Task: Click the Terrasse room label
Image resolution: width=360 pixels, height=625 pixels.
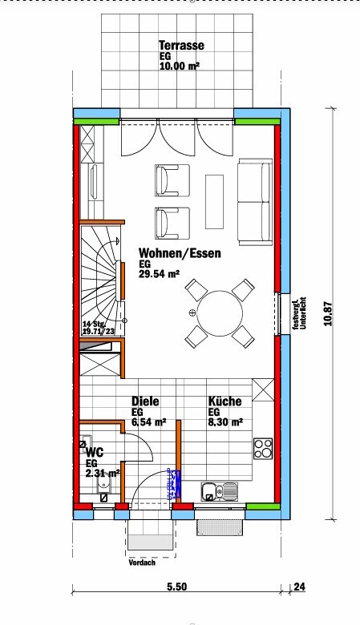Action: pyautogui.click(x=181, y=46)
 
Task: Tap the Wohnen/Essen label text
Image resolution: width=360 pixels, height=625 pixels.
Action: pyautogui.click(x=180, y=253)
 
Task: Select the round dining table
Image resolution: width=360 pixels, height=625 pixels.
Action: pyautogui.click(x=220, y=312)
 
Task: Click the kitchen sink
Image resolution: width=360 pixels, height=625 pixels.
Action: pyautogui.click(x=219, y=490)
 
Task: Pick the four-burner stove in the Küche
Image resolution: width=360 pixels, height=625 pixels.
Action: pyautogui.click(x=263, y=449)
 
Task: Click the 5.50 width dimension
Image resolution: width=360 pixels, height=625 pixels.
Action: pyautogui.click(x=176, y=587)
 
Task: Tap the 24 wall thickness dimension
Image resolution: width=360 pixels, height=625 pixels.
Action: pyautogui.click(x=299, y=587)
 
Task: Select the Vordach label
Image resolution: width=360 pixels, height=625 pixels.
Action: pyautogui.click(x=142, y=562)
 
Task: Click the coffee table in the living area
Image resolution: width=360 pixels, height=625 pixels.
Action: pyautogui.click(x=215, y=202)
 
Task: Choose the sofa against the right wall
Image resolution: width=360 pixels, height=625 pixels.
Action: pyautogui.click(x=255, y=202)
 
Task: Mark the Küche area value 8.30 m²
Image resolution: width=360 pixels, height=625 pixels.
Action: pyautogui.click(x=225, y=422)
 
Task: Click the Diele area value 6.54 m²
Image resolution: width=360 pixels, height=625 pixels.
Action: pyautogui.click(x=149, y=422)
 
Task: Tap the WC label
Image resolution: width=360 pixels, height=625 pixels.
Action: pyautogui.click(x=95, y=452)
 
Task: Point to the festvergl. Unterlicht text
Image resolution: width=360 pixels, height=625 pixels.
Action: pyautogui.click(x=298, y=313)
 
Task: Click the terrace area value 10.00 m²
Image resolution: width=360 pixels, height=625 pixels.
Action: pyautogui.click(x=180, y=66)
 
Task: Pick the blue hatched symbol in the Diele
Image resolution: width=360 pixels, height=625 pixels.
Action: pyautogui.click(x=174, y=484)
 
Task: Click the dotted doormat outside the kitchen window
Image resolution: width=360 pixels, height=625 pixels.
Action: pyautogui.click(x=220, y=528)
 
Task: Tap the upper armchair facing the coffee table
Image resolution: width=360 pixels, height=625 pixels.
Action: pyautogui.click(x=172, y=180)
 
